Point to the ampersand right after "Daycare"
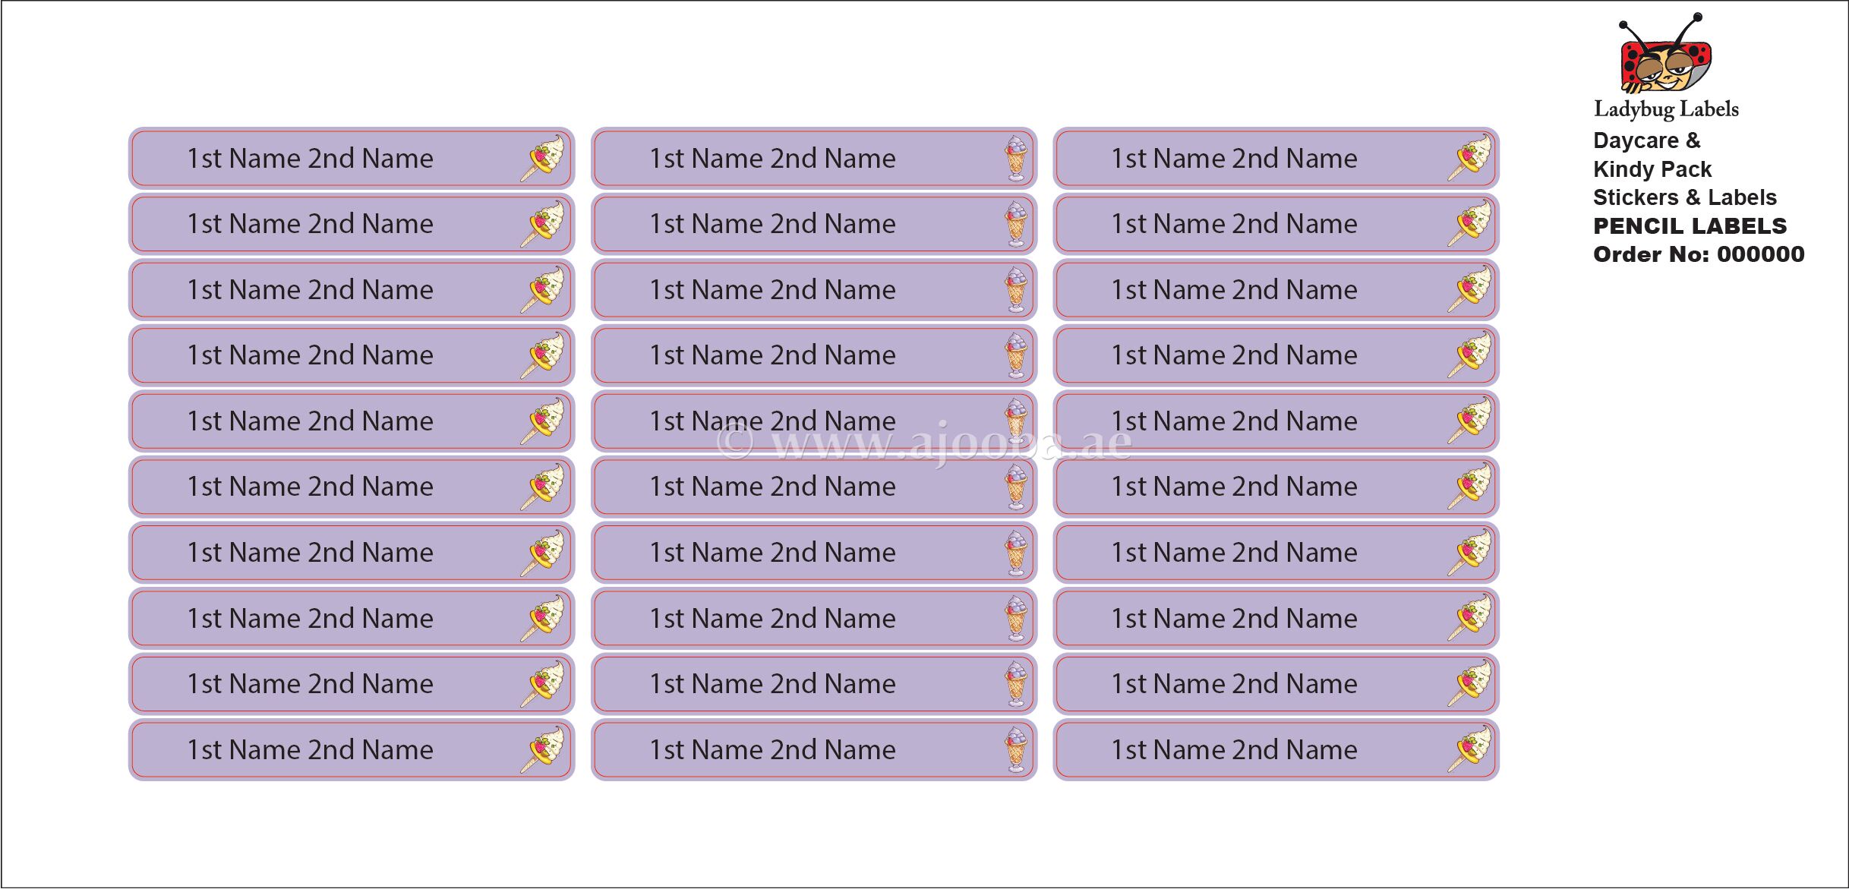1693,140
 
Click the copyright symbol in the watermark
734,442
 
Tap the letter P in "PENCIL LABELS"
1601,226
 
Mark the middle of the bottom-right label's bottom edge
1276,780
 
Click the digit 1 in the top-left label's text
194,159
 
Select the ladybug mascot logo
1665,53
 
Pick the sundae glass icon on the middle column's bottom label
1016,749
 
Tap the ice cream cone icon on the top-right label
1469,158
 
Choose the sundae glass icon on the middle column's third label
1016,289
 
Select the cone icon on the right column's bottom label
1469,749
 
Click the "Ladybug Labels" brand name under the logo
1666,110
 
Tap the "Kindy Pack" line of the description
1652,169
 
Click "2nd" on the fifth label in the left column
332,421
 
